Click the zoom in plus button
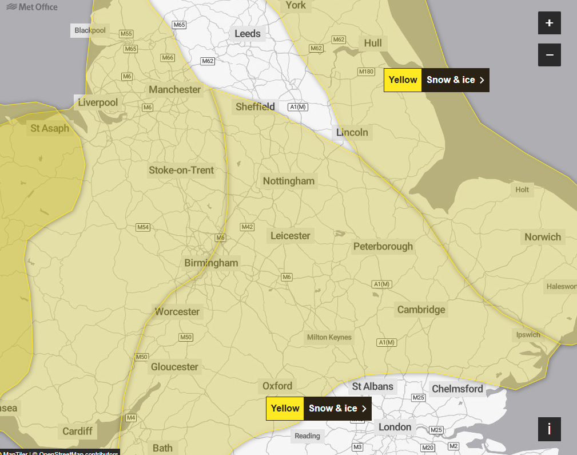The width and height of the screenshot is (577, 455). click(549, 23)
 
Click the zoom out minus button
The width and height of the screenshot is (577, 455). click(549, 55)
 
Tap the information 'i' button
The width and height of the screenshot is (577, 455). click(549, 429)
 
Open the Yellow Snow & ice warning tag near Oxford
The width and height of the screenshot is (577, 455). click(319, 409)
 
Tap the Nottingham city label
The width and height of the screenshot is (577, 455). click(288, 181)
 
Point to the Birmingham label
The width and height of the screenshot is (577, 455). click(211, 263)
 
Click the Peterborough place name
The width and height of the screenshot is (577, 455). click(383, 247)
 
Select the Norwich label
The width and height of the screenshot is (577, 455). click(543, 237)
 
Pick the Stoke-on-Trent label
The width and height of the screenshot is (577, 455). click(181, 171)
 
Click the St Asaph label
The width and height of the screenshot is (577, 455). click(50, 128)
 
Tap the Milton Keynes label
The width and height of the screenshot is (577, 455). click(329, 337)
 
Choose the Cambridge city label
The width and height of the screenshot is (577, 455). click(421, 310)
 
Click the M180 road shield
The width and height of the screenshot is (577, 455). click(366, 72)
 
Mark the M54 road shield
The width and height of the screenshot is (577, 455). click(143, 227)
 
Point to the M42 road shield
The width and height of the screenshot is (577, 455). click(247, 227)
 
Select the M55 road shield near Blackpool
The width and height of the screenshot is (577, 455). click(126, 34)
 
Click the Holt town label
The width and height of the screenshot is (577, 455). click(522, 189)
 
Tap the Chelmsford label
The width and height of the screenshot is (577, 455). click(457, 389)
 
